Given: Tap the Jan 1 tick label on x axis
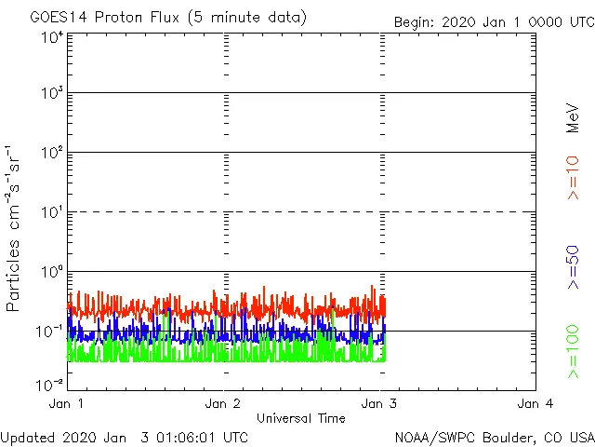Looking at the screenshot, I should [67, 403].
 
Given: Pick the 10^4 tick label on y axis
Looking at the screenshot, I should [51, 37].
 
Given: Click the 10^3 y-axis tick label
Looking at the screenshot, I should [51, 94].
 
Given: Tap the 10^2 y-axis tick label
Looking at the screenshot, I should [51, 154].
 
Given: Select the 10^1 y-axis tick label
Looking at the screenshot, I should [51, 213].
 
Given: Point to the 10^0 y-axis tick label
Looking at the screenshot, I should [51, 273].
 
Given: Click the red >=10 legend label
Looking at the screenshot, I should [574, 177].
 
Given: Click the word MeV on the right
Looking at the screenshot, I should [574, 117].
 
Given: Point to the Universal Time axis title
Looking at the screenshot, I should [300, 418].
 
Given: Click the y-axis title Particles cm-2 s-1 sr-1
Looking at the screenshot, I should [15, 228].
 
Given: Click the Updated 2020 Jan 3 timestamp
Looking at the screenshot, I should [125, 436].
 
